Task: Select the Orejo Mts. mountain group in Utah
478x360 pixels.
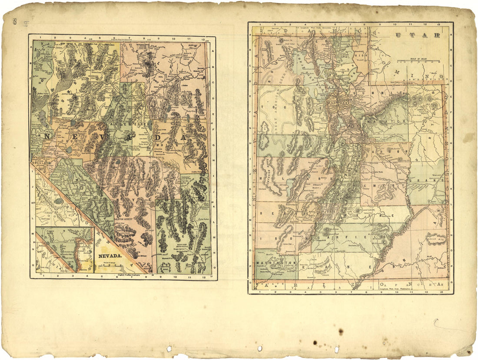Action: pos(435,239)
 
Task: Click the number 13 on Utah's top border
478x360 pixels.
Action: pos(440,24)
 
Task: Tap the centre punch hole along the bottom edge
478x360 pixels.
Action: pos(259,348)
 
